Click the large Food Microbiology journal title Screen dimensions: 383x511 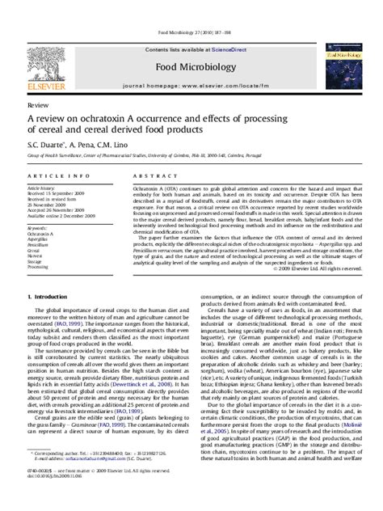click(191, 48)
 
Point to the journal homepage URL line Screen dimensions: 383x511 click(191, 62)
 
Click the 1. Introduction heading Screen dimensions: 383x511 click(51, 297)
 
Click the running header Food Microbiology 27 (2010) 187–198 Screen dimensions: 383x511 click(191, 9)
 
